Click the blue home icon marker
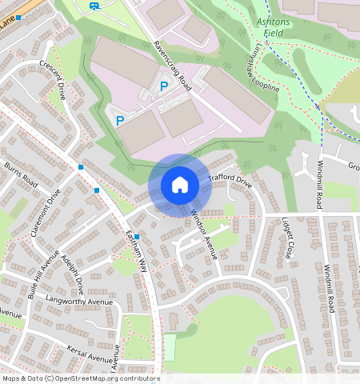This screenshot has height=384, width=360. click(180, 185)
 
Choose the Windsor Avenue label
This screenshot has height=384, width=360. click(204, 233)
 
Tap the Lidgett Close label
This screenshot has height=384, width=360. click(288, 239)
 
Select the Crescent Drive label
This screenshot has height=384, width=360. click(56, 82)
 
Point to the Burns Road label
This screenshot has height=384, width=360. click(21, 174)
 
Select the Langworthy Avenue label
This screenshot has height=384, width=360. click(80, 302)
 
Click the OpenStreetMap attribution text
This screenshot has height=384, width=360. click(81, 378)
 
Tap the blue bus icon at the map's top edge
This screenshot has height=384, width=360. click(94, 6)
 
